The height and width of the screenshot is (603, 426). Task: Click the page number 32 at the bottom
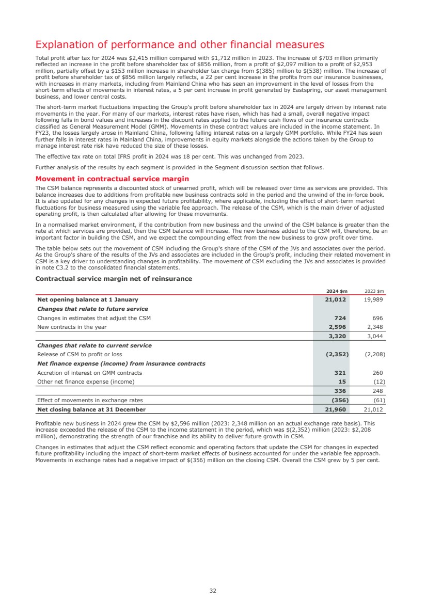[x=213, y=591]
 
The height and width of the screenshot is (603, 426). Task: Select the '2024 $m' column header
[x=336, y=290]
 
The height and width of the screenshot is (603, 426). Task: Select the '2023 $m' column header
[x=375, y=290]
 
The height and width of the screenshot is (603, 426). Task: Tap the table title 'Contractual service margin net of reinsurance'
[x=114, y=279]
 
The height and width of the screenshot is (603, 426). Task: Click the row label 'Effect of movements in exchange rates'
[x=90, y=400]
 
